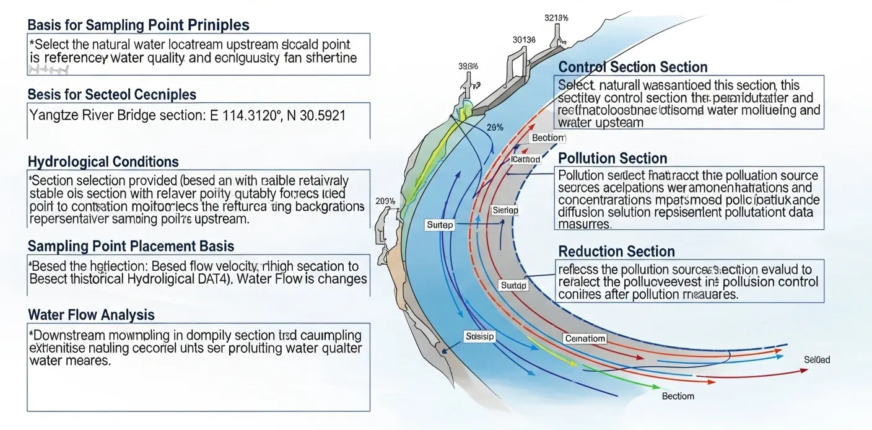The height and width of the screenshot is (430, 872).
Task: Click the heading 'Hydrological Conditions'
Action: [103, 162]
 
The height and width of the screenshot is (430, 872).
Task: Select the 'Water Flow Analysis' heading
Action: [91, 315]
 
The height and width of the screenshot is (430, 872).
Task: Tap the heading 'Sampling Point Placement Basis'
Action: [131, 247]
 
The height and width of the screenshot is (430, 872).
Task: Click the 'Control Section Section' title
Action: [632, 67]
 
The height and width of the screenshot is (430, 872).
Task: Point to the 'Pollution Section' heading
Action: [613, 158]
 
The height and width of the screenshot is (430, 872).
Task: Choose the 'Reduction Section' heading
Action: [616, 251]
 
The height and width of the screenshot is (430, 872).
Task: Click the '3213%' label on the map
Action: [557, 18]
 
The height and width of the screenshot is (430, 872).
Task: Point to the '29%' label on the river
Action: [494, 128]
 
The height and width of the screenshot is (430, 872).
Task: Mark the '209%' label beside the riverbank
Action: [386, 201]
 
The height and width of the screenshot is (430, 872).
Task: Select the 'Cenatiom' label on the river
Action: [585, 339]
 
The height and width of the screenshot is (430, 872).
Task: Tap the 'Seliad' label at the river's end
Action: [817, 360]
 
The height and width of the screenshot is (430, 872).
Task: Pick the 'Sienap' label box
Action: [504, 211]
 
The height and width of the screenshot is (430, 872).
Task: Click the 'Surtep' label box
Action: [440, 225]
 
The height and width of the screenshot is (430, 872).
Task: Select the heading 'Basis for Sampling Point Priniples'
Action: [138, 25]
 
